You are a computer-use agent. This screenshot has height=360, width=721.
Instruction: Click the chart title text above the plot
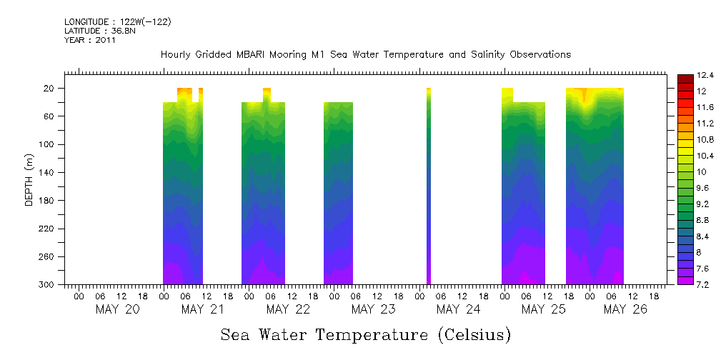pos(365,54)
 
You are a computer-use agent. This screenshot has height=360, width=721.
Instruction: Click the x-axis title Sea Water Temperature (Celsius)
pos(365,334)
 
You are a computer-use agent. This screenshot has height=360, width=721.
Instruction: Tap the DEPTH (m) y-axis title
pos(29,179)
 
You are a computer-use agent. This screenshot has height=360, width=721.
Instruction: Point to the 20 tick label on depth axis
pos(50,89)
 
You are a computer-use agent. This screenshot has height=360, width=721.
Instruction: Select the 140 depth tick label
pos(48,172)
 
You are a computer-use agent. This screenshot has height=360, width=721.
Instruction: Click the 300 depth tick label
pos(48,285)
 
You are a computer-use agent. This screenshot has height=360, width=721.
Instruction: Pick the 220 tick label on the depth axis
pos(48,229)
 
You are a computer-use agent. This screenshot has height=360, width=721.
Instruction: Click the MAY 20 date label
pos(117,309)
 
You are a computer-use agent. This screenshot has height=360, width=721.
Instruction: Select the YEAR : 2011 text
pos(89,40)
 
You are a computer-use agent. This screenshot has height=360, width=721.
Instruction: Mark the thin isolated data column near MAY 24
pos(429,186)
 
